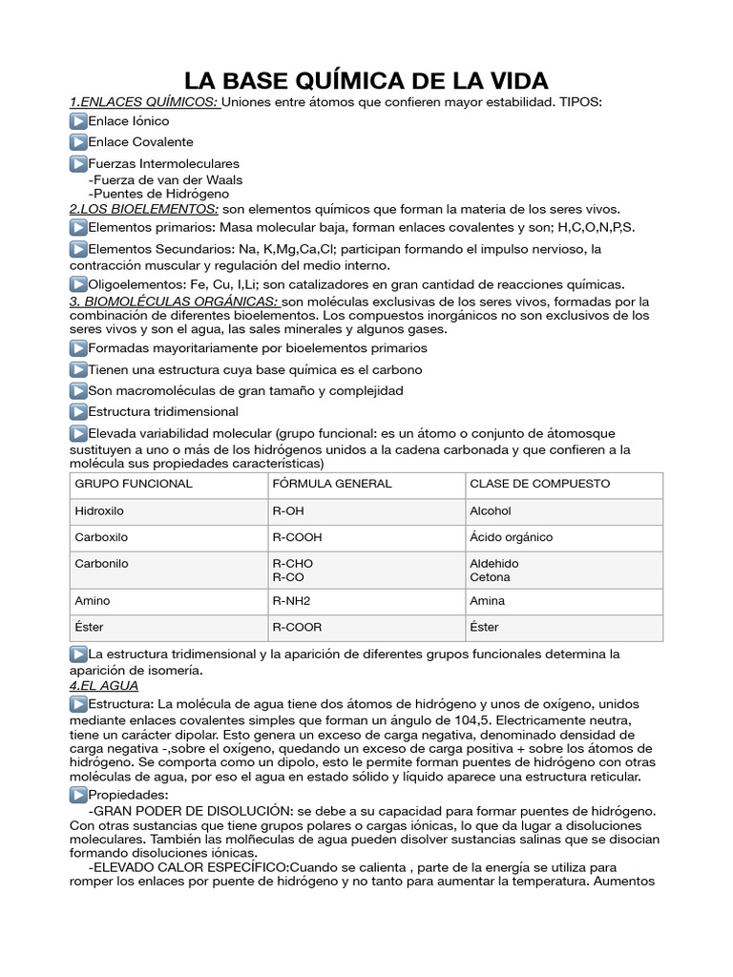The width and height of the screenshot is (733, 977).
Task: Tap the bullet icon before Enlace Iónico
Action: [x=78, y=122]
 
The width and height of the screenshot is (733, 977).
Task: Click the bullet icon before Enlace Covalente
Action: [x=78, y=142]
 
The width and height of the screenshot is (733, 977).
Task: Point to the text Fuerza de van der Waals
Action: [x=165, y=179]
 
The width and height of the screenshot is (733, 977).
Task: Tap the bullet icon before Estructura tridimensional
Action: [x=78, y=412]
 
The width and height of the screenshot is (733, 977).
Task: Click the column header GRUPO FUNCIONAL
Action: [x=134, y=484]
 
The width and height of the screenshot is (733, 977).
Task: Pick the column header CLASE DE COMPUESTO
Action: [x=539, y=484]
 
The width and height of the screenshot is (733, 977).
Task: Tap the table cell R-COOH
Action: [x=299, y=537]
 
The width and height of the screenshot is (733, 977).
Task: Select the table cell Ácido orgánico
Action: [x=511, y=537]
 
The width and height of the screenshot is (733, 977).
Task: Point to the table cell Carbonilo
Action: [x=101, y=564]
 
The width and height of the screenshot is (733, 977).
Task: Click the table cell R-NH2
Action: [x=293, y=601]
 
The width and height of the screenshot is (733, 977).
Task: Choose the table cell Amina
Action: [x=488, y=601]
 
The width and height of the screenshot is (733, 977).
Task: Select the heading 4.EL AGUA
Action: [x=104, y=685]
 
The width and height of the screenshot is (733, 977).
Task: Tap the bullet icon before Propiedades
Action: [x=78, y=795]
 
